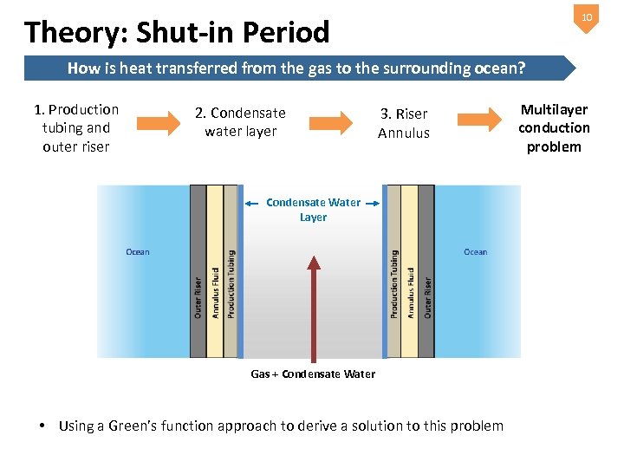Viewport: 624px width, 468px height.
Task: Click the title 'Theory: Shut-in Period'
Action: tap(178, 32)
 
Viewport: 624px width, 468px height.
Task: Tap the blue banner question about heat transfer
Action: tap(302, 68)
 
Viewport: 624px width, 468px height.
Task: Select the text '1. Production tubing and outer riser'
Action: tap(76, 127)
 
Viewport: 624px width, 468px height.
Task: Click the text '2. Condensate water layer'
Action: tap(240, 122)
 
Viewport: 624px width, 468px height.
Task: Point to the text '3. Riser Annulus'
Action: tap(403, 123)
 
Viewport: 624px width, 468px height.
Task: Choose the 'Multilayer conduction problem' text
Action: tap(554, 127)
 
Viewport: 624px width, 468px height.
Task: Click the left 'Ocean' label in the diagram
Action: tap(138, 252)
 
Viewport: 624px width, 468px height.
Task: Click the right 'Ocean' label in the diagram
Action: tap(475, 252)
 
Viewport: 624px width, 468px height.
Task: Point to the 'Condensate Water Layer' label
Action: tap(313, 210)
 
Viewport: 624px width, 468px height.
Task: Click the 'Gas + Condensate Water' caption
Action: tap(313, 374)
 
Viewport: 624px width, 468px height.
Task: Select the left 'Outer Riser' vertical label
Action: tap(198, 297)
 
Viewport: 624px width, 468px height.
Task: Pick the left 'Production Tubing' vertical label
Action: tap(231, 283)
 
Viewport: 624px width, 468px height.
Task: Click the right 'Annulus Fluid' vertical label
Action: tap(411, 294)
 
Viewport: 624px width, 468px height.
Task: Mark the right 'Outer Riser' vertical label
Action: tap(427, 297)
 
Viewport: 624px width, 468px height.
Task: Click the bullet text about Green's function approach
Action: tap(280, 426)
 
